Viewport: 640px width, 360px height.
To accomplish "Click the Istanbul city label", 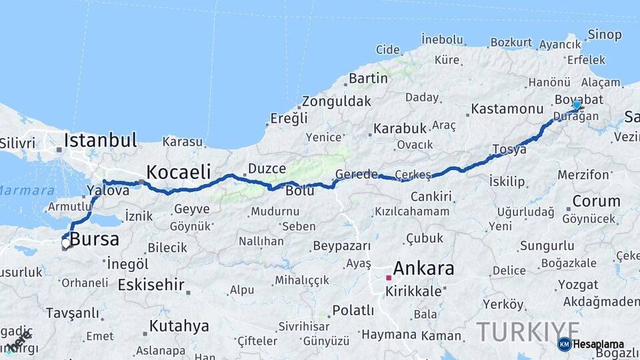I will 101,141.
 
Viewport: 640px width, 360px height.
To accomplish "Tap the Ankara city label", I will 423,269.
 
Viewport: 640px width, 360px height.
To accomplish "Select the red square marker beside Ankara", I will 389,277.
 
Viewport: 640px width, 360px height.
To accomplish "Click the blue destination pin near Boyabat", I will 577,105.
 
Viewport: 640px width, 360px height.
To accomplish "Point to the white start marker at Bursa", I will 65,244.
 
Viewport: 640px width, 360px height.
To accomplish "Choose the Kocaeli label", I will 178,171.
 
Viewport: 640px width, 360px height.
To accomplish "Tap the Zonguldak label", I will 336,102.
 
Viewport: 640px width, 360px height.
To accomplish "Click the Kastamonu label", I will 507,108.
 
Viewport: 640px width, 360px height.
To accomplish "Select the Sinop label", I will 605,35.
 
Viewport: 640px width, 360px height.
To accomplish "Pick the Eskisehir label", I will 151,285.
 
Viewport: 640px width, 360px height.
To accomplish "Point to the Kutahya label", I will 179,326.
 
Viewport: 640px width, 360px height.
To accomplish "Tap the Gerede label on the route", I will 357,174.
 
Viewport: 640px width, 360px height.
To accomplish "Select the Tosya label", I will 509,149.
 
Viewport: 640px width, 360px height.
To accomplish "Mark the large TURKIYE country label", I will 528,331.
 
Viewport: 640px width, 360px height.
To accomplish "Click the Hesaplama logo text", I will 598,345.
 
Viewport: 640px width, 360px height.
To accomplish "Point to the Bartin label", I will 368,78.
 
